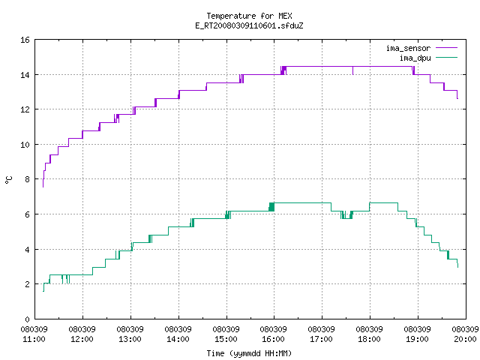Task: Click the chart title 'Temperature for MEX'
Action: coord(249,16)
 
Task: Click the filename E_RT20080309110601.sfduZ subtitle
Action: coord(249,25)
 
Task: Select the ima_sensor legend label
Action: coord(408,48)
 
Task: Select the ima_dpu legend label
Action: coord(415,58)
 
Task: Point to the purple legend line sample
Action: coord(446,48)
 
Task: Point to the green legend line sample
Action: coord(446,58)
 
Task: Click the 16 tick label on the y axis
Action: coord(25,40)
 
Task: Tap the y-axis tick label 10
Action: coord(25,145)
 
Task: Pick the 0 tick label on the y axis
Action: coord(27,319)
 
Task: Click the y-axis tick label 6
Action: coord(27,214)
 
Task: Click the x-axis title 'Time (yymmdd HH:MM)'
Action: coord(249,353)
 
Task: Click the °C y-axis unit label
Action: coord(8,180)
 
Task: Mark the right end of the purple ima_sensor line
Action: coord(457,98)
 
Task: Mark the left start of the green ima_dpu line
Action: coord(43,291)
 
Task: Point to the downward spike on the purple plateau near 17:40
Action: coord(353,70)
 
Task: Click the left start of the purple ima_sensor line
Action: coord(43,187)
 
